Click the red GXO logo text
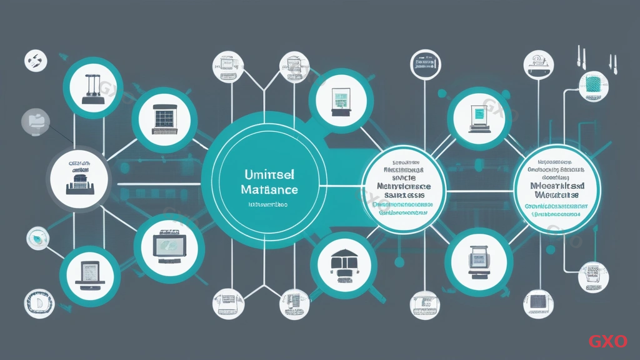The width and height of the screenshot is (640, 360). [607, 341]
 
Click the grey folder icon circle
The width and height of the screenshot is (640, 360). [36, 121]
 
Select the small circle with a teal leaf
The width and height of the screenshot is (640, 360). [37, 237]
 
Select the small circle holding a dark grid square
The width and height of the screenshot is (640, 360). [537, 301]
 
